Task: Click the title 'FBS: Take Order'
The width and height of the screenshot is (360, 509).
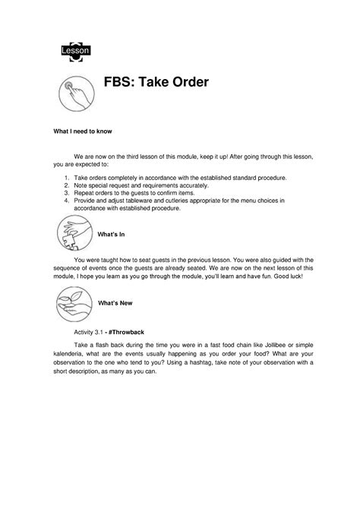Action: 156,82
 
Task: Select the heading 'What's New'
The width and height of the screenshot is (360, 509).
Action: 115,303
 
